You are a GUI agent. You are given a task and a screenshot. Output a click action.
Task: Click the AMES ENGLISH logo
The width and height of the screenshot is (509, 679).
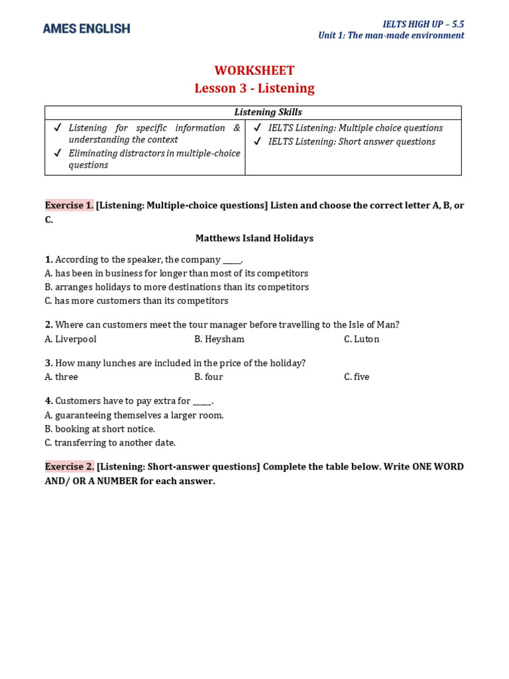(x=86, y=29)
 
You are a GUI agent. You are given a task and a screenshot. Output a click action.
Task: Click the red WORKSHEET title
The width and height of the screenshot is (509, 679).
(x=254, y=71)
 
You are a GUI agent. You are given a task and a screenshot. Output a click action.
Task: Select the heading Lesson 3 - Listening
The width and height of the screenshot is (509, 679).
(x=254, y=88)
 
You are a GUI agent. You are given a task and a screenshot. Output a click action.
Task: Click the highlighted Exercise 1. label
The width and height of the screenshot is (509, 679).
(x=69, y=206)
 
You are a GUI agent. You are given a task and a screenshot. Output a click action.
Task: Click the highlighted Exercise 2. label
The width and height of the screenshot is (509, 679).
(x=69, y=467)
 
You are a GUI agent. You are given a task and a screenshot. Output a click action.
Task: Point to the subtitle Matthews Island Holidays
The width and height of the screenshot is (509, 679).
(x=254, y=238)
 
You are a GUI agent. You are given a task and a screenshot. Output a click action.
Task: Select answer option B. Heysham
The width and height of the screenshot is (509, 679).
(x=219, y=339)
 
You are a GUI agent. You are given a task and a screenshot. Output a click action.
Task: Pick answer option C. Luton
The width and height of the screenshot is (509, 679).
(x=361, y=339)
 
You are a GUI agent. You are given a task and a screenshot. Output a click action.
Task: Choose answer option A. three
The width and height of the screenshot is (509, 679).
(x=61, y=377)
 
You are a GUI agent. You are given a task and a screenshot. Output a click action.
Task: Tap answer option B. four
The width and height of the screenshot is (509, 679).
(x=208, y=377)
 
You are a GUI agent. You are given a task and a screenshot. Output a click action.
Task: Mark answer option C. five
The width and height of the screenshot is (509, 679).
(x=357, y=377)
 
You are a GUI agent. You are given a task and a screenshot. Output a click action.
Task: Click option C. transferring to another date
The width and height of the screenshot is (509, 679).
(x=110, y=443)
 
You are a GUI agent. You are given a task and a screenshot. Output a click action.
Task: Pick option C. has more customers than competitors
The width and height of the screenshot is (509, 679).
(x=136, y=301)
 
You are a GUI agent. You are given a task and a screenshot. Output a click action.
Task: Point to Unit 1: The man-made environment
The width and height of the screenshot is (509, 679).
(x=391, y=36)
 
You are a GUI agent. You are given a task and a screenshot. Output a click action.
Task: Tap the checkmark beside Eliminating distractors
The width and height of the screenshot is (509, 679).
(x=58, y=153)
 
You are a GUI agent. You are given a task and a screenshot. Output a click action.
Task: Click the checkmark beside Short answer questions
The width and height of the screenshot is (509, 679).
(x=257, y=142)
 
